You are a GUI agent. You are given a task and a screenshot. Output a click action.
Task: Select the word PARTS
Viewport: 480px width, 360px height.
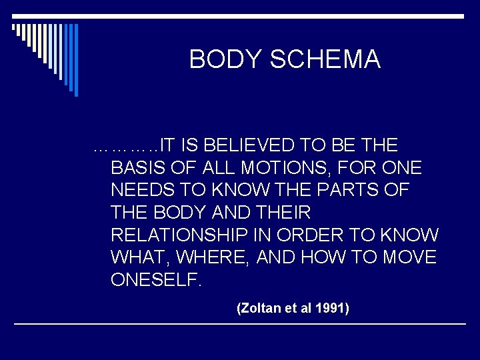[x=353, y=190]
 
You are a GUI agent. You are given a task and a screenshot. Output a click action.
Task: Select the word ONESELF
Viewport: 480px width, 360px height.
[x=155, y=280]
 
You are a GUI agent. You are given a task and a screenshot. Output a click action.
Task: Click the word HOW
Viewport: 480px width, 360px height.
[x=325, y=257]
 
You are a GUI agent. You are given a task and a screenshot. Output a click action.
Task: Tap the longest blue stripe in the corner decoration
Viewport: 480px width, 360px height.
[x=76, y=60]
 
